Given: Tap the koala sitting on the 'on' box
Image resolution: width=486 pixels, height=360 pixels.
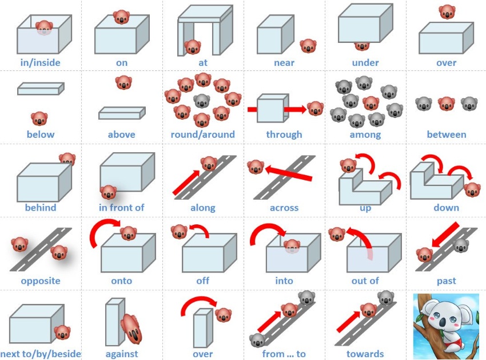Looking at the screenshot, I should coord(121,17).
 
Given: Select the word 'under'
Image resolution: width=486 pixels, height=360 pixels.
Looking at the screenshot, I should coord(365,62).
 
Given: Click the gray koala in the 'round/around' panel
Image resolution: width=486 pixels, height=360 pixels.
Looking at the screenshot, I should coord(202,101).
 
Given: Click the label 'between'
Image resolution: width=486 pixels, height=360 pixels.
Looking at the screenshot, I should coord(447,134).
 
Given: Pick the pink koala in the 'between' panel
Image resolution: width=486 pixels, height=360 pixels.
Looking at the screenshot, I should coord(446,104).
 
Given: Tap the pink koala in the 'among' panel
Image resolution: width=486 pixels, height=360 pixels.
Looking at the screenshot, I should coord(371,104).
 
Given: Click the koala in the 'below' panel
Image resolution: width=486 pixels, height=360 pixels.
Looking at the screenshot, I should coord(39,118).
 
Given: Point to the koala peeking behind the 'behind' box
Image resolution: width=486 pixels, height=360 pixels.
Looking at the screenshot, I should coord(67,159).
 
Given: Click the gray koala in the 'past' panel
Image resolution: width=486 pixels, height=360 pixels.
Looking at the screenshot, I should coord(461,246).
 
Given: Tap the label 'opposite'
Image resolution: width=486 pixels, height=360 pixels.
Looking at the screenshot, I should coord(41,280).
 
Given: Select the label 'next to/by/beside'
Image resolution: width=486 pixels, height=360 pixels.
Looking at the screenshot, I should coord(41,354).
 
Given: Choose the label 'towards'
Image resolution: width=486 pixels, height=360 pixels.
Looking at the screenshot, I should coord(365,354).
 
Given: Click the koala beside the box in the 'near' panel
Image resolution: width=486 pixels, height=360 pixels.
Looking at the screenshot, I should coord(308,46).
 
